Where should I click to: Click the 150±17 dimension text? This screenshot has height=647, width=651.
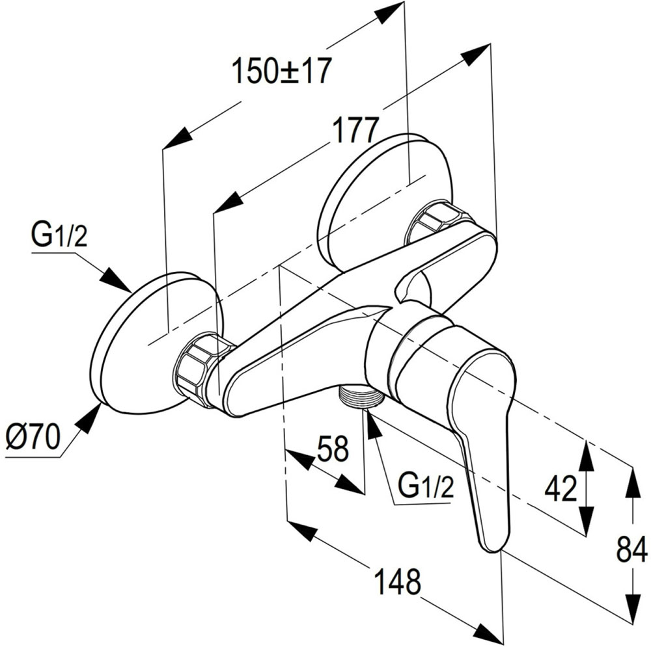283,71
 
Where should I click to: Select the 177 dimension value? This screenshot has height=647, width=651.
354,131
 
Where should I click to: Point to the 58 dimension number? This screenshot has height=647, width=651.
333,448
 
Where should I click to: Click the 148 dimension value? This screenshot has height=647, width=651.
398,581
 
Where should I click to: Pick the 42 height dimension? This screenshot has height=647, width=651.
561,488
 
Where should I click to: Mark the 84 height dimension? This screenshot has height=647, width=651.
631,549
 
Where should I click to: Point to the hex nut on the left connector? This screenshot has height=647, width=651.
199,367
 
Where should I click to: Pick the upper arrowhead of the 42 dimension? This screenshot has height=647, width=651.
586,455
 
